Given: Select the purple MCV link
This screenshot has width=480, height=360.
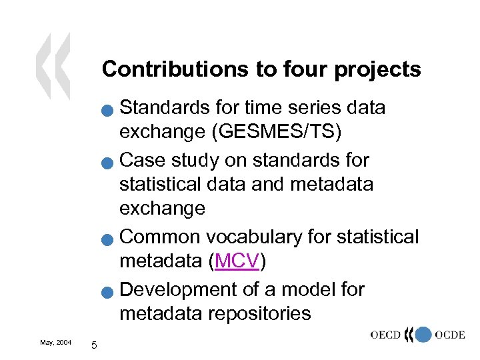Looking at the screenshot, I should [x=236, y=263].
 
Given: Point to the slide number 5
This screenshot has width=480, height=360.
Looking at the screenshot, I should [x=94, y=345].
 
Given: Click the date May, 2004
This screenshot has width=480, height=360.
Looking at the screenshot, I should [x=56, y=342].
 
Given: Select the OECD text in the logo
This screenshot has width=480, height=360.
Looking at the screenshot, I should [x=387, y=335].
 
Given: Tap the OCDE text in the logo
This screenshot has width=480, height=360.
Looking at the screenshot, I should [x=449, y=335].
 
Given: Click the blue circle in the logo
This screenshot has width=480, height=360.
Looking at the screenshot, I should [x=423, y=335].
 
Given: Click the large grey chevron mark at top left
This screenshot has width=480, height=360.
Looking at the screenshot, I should [x=53, y=67].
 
